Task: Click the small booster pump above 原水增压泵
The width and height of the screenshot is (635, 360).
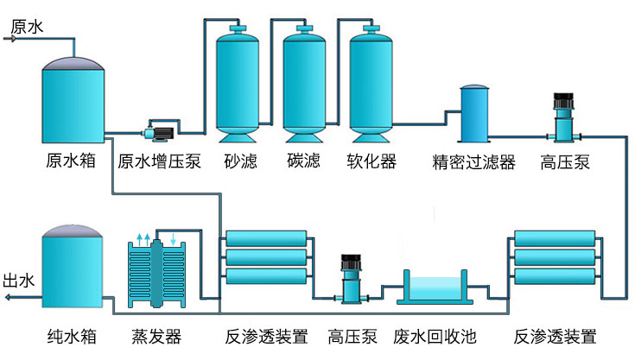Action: [158, 134]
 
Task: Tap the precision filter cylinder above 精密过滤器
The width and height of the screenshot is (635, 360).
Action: [473, 114]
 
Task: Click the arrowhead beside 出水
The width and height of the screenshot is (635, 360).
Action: [8, 298]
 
